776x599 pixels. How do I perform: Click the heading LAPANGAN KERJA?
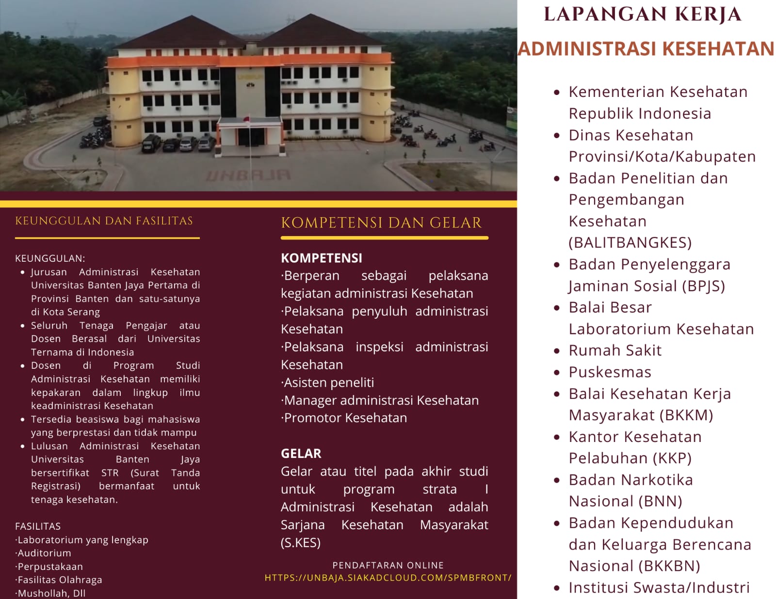point(643,14)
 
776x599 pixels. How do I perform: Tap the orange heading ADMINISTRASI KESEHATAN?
point(646,48)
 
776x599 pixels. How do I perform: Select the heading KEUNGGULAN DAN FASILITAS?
point(104,221)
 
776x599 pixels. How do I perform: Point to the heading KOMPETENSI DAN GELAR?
point(381,222)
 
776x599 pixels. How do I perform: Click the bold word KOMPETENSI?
point(322,258)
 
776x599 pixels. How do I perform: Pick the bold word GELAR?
point(301,454)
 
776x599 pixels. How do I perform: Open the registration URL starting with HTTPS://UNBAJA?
point(388,578)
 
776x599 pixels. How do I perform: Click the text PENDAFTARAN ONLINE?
point(388,565)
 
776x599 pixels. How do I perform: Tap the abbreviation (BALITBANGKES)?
point(630,243)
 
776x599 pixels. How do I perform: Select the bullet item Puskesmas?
point(610,372)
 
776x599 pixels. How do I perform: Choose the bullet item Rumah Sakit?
point(615,350)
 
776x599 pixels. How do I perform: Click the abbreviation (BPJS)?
point(703,286)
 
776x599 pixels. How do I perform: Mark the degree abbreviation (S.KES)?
point(301,543)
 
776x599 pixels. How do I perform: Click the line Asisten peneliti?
point(327,382)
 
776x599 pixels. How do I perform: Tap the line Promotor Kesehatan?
point(344,418)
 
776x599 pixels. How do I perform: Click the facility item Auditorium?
point(43,553)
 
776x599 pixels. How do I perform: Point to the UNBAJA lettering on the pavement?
point(248,175)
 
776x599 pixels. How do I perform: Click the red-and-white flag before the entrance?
point(246,119)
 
